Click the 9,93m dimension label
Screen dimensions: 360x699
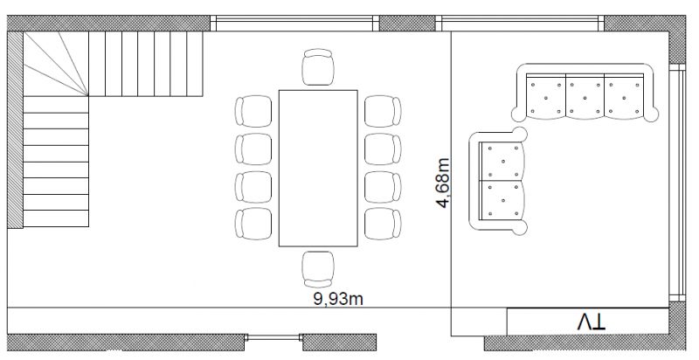point(337,300)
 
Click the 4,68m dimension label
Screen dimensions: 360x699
point(444,183)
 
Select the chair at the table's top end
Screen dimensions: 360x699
point(318,67)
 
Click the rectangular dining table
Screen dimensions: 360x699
point(318,168)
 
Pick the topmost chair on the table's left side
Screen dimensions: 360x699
point(253,112)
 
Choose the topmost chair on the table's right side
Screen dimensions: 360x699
point(383,112)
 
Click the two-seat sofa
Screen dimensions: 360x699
point(500,180)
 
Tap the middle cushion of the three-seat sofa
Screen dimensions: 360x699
point(585,96)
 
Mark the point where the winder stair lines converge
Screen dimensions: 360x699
point(88,96)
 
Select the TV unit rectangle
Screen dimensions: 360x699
point(590,321)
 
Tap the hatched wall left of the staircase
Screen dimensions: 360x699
point(15,131)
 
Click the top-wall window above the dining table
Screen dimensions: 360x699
point(294,22)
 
